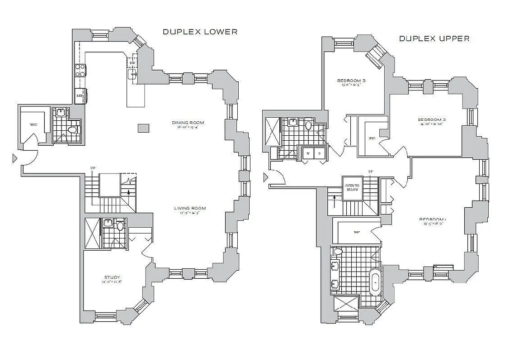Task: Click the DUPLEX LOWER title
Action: tap(200, 32)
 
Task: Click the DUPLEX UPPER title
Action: tap(434, 38)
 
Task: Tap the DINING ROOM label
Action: tap(188, 123)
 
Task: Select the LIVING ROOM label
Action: tap(190, 209)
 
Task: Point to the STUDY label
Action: tap(112, 277)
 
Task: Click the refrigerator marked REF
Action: tap(80, 96)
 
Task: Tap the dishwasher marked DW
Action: tap(132, 63)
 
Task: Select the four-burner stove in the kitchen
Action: tap(80, 70)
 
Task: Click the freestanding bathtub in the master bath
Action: tap(375, 281)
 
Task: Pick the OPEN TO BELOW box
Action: tap(352, 187)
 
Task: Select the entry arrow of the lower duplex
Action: tap(14, 158)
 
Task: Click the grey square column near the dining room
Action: tap(143, 128)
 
